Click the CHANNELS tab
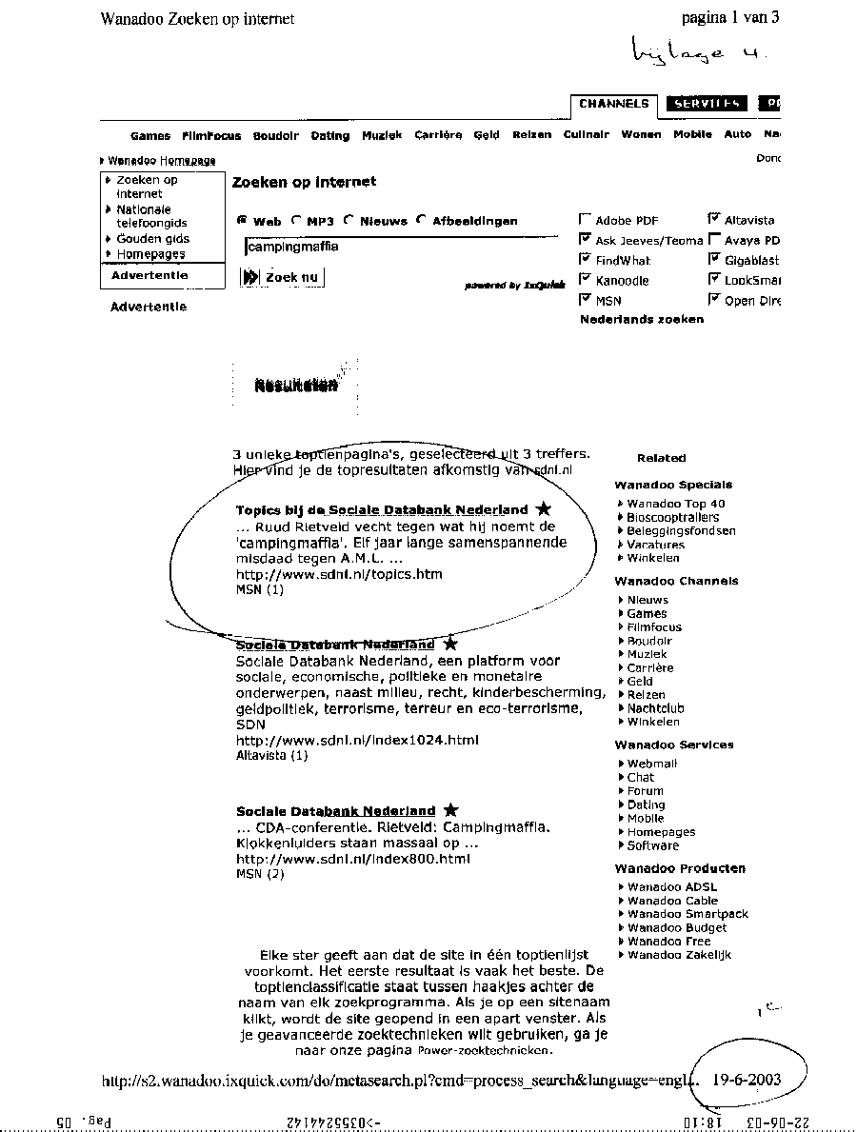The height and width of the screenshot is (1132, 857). (x=613, y=104)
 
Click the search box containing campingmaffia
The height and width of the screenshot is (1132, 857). (x=400, y=248)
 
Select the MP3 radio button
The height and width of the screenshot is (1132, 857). (x=297, y=220)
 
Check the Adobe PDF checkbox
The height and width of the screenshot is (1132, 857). (x=585, y=220)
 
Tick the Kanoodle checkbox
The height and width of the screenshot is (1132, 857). (x=585, y=280)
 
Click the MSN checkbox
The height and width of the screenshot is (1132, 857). (x=585, y=300)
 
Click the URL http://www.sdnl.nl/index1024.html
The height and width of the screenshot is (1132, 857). (x=357, y=740)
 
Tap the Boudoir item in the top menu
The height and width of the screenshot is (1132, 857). (x=276, y=136)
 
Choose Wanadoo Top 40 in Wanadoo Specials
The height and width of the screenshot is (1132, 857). (x=675, y=504)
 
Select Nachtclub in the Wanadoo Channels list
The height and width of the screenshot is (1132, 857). (x=655, y=708)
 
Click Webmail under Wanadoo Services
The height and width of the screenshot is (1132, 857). (x=651, y=764)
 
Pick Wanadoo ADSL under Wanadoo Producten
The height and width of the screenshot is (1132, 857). (x=672, y=887)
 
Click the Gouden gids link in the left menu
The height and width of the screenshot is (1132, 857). (x=152, y=239)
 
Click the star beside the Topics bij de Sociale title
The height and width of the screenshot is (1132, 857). (x=544, y=509)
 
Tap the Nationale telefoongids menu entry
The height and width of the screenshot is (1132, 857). (x=151, y=216)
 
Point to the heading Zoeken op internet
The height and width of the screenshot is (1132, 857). (x=304, y=182)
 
